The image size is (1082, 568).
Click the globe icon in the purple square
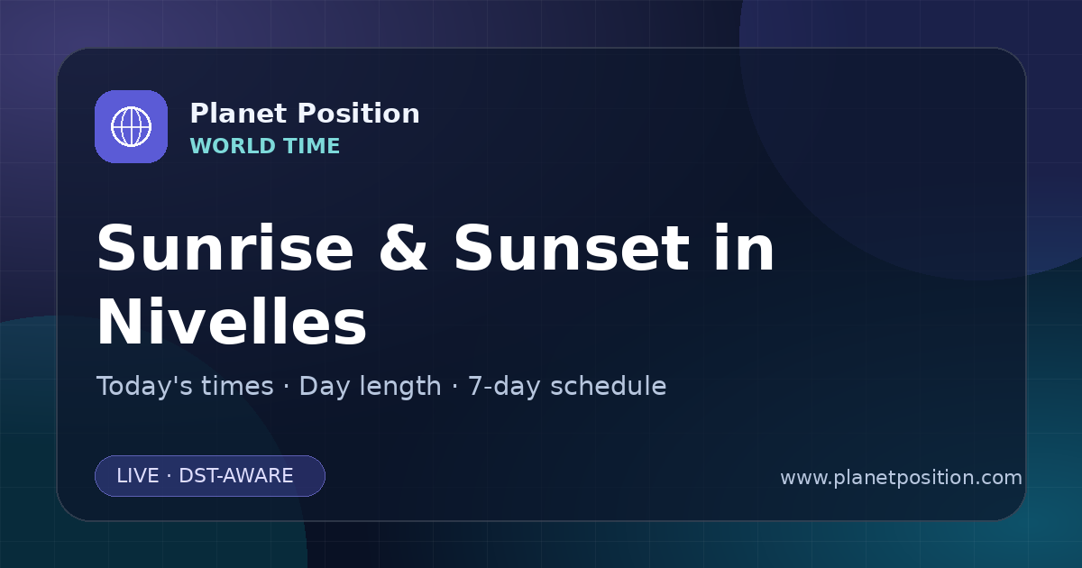[x=131, y=126]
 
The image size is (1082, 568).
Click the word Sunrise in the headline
[x=225, y=249]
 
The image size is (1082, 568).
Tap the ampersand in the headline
[x=403, y=249]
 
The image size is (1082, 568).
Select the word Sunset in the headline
[x=572, y=249]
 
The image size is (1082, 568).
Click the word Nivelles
[x=232, y=322]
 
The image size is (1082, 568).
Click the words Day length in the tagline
[x=370, y=387]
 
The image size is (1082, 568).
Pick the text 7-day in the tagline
[x=504, y=387]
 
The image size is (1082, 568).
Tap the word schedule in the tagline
[x=609, y=386]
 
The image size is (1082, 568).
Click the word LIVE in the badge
[x=138, y=476]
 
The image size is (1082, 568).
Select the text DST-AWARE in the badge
[x=236, y=476]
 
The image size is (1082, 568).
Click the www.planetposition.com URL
[x=902, y=478]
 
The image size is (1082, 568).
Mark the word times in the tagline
[x=237, y=386]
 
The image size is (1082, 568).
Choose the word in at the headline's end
[x=745, y=248]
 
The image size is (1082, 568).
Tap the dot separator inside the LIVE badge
[x=170, y=476]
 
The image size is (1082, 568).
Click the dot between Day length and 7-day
[x=454, y=387]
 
